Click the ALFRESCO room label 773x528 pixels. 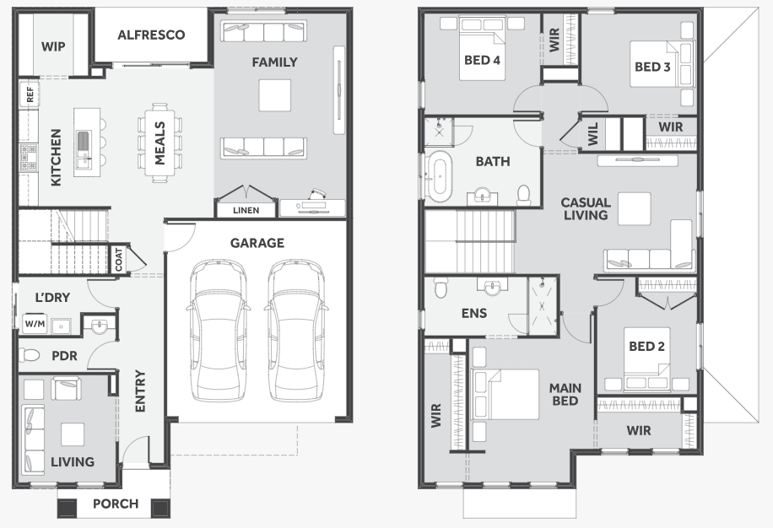151,35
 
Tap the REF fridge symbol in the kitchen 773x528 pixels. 29,94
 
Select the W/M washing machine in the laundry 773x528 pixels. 35,324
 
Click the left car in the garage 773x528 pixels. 218,330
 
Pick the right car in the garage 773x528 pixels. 296,330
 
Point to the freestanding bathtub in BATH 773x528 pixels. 439,176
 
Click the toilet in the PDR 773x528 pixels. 29,354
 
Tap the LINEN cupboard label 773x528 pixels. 246,210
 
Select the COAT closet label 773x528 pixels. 119,259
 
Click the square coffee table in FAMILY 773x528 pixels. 274,95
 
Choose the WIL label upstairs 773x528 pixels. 593,133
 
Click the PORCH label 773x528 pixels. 116,504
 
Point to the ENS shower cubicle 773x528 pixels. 543,306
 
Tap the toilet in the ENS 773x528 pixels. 441,287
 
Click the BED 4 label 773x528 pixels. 482,60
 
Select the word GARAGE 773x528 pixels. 257,243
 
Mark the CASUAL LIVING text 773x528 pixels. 586,209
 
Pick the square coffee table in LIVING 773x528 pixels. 73,434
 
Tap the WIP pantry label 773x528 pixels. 53,46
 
